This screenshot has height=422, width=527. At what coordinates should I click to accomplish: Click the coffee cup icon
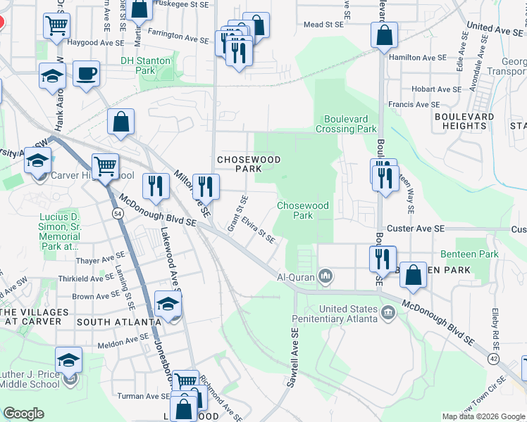point(86,73)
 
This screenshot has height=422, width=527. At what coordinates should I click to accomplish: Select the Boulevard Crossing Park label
point(350,124)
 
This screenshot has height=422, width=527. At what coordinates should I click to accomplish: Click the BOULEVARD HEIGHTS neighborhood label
point(464,121)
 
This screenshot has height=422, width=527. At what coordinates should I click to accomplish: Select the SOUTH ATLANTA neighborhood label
point(114,322)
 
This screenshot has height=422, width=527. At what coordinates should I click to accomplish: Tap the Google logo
point(24,414)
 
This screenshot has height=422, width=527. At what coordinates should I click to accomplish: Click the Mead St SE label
point(323,24)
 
